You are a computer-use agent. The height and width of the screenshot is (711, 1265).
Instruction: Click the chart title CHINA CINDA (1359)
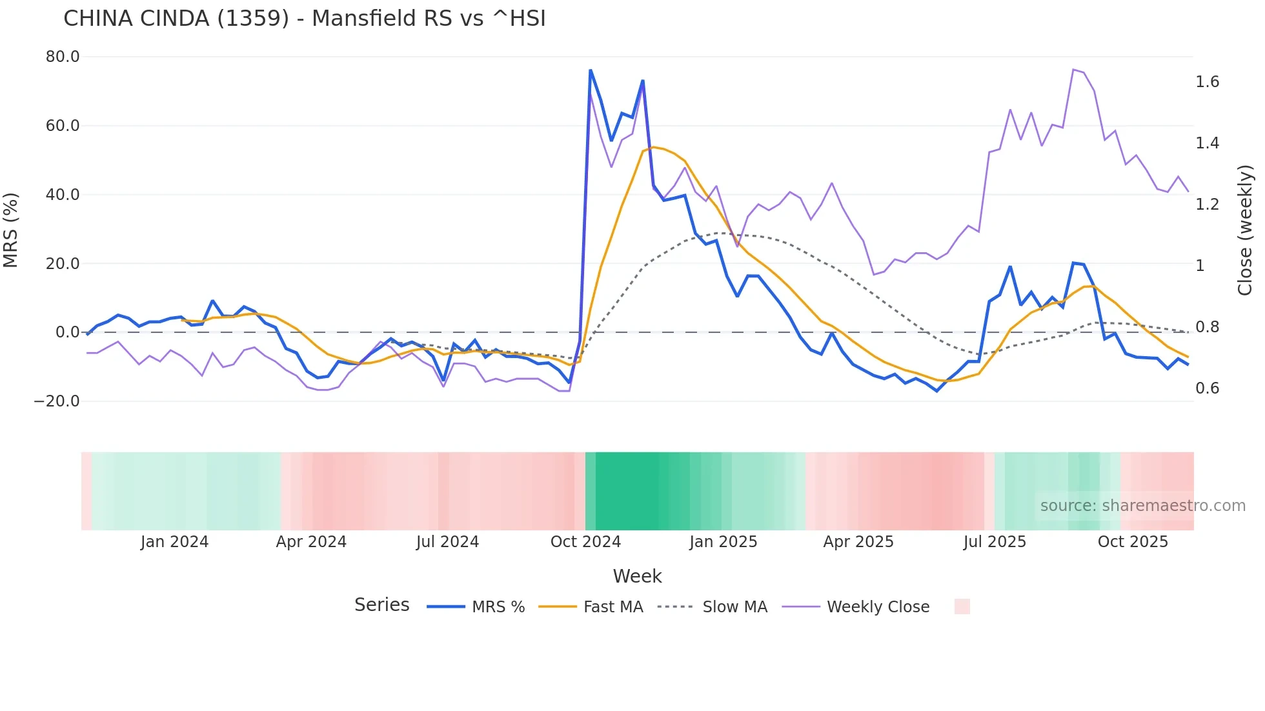(304, 19)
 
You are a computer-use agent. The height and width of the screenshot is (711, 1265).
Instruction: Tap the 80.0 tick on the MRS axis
(63, 57)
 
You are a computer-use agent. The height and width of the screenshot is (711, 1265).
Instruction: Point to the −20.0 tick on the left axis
(57, 401)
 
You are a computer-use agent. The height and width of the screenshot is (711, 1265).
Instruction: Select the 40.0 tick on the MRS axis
(63, 195)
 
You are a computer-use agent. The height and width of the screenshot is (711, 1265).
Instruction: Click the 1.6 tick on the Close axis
(1207, 82)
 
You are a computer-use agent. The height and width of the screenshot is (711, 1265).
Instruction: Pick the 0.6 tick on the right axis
(1207, 388)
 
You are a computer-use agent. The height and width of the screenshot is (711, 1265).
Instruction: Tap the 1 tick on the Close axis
(1200, 266)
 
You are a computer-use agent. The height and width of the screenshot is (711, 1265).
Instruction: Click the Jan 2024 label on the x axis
(174, 542)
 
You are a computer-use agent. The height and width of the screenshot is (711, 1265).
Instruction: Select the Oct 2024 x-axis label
(585, 542)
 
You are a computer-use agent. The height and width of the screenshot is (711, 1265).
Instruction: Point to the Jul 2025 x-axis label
(995, 542)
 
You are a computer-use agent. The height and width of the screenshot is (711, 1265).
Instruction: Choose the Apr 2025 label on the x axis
(858, 542)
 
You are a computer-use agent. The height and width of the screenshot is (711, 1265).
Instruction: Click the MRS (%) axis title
(10, 230)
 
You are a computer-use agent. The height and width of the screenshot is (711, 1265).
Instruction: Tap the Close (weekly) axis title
(1246, 230)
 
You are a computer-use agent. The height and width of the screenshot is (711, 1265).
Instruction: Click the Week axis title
(637, 576)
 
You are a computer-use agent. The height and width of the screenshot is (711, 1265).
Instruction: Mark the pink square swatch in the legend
(962, 606)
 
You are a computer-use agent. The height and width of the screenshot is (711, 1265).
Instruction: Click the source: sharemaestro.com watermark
(1142, 506)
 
